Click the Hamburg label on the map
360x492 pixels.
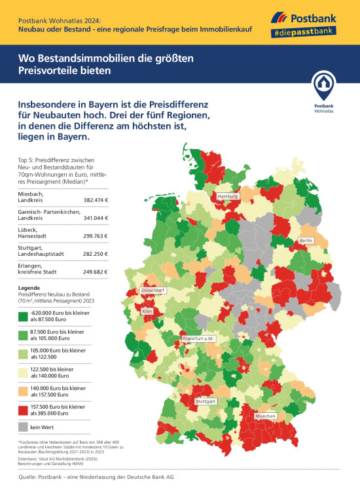pyautogui.click(x=227, y=196)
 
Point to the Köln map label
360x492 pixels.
pyautogui.click(x=147, y=311)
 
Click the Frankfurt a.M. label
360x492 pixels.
pyautogui.click(x=199, y=338)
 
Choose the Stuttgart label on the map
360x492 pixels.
pyautogui.click(x=206, y=400)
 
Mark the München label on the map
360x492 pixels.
pyautogui.click(x=266, y=416)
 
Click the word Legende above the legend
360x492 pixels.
pyautogui.click(x=30, y=288)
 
